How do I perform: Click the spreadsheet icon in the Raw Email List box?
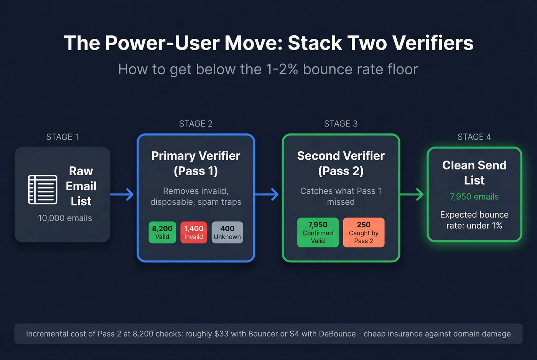coord(43,189)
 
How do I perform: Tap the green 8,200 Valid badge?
coord(162,232)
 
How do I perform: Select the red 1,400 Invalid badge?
coord(194,232)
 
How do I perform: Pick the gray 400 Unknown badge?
coord(227,232)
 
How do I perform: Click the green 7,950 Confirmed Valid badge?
coord(318,232)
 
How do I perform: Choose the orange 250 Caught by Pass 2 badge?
coord(363,232)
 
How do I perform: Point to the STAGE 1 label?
coord(62,137)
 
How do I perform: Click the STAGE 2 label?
coord(196,124)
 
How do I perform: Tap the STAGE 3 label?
coord(341,124)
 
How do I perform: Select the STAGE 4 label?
coord(474,137)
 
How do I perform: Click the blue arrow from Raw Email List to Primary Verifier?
coord(122,194)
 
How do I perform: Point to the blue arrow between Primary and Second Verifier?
coord(267,194)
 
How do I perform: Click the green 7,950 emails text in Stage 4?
coord(474,197)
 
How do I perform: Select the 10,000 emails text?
coord(65,218)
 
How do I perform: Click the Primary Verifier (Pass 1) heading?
coord(196,163)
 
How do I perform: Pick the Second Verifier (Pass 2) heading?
coord(341,163)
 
